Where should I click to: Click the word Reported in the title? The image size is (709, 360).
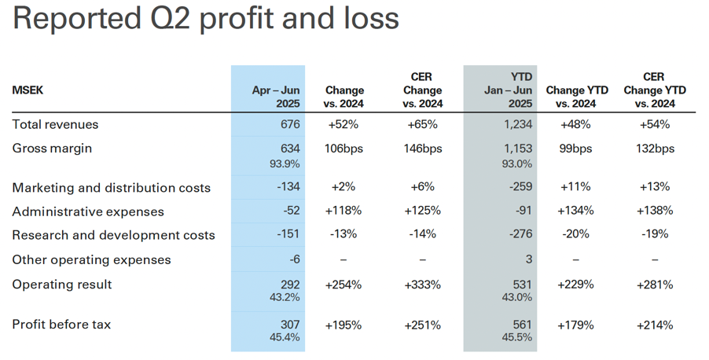click(x=76, y=19)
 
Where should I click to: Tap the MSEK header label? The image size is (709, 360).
click(x=28, y=90)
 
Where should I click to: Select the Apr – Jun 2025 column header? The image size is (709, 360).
click(x=276, y=97)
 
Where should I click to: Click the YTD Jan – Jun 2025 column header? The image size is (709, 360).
click(x=508, y=90)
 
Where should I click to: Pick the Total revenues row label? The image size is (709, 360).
click(x=55, y=124)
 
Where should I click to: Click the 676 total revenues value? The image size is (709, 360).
click(x=290, y=124)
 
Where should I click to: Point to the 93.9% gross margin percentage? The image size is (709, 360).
click(x=285, y=163)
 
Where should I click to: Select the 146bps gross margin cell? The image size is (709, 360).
click(x=423, y=149)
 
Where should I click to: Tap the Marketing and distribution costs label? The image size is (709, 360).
click(x=112, y=188)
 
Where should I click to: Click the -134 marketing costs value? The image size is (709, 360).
click(x=288, y=187)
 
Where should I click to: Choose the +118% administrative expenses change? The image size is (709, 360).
click(x=343, y=211)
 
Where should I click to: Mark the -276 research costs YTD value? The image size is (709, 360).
click(x=520, y=234)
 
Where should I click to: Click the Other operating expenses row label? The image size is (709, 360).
click(x=91, y=259)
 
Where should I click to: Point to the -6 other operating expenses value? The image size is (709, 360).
click(x=295, y=259)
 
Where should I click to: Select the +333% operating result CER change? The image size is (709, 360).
click(x=422, y=285)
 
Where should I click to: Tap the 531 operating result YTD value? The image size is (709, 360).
click(x=522, y=285)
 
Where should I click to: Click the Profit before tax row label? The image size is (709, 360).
click(x=61, y=325)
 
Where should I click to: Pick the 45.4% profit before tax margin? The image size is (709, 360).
click(x=285, y=337)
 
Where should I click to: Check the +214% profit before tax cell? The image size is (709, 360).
click(x=655, y=325)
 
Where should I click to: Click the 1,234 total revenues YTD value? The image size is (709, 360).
click(x=518, y=124)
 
